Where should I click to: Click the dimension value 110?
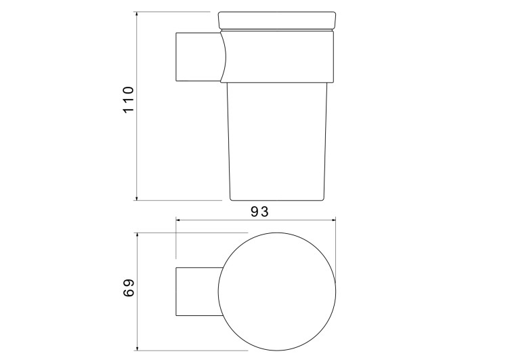(x=128, y=100)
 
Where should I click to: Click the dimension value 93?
(x=260, y=212)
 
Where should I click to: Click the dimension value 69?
(x=129, y=287)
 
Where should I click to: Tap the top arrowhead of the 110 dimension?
(x=137, y=15)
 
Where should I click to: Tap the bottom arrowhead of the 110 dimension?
(x=137, y=197)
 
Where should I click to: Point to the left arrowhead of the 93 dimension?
(x=179, y=220)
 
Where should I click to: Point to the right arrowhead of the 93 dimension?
(x=333, y=220)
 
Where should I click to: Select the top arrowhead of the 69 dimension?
(x=137, y=235)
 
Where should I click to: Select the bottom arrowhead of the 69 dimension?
(x=137, y=347)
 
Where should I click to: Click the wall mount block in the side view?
(x=198, y=57)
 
